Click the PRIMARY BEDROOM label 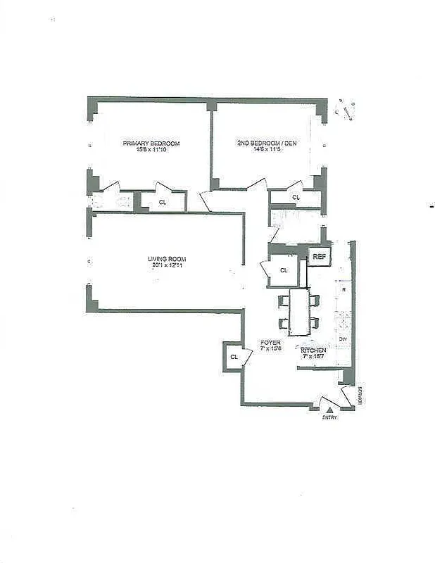151,144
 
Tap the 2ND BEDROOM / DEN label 266,144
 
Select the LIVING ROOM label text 166,259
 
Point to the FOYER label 271,343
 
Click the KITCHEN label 313,350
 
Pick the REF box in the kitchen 319,257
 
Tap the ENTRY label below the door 329,417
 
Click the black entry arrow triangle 329,408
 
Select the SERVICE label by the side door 359,396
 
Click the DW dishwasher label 343,339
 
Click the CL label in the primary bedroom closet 163,203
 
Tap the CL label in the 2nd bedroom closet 296,198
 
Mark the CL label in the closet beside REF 284,270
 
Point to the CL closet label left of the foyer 233,358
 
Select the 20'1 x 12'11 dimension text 166,265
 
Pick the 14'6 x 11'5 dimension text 266,150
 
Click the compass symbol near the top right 346,110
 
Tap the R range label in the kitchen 343,289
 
